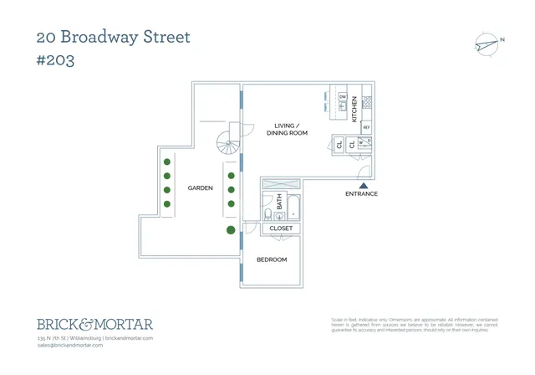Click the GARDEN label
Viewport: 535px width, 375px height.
pyautogui.click(x=200, y=188)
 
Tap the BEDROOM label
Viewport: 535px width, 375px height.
pyautogui.click(x=271, y=259)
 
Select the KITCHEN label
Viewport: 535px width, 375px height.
pyautogui.click(x=354, y=109)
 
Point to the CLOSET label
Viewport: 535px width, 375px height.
pyautogui.click(x=281, y=228)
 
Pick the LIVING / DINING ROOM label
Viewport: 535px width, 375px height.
pyautogui.click(x=287, y=130)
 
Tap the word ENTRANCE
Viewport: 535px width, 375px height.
pyautogui.click(x=362, y=194)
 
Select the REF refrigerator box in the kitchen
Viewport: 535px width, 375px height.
pyautogui.click(x=366, y=127)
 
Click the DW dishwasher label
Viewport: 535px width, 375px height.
pyautogui.click(x=343, y=96)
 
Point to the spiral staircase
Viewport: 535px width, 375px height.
pyautogui.click(x=229, y=146)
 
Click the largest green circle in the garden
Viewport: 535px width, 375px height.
pyautogui.click(x=231, y=229)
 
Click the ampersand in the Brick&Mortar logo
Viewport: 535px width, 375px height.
pyautogui.click(x=89, y=323)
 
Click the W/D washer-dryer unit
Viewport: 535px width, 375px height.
pyautogui.click(x=364, y=146)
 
